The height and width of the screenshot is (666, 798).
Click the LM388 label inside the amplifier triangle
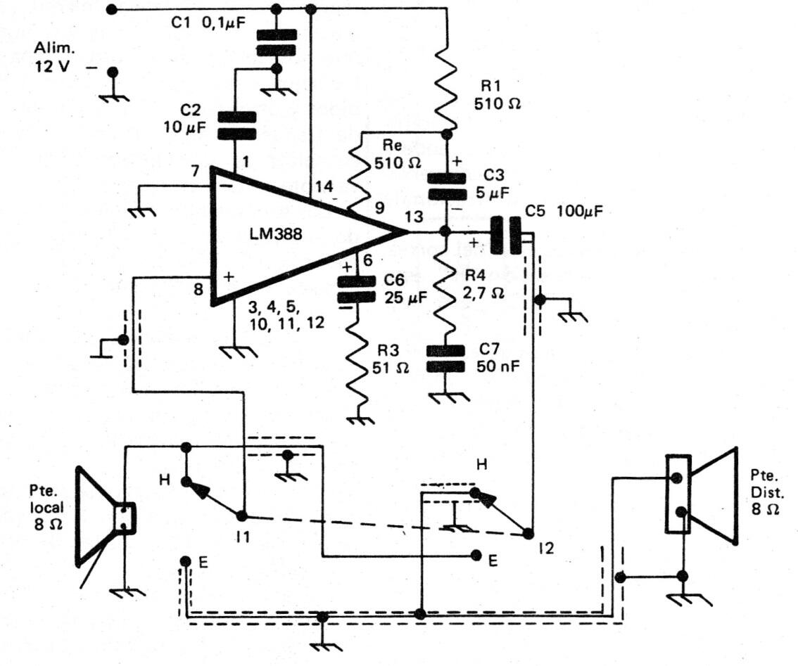click(x=276, y=235)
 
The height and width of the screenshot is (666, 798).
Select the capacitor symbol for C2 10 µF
click(x=234, y=126)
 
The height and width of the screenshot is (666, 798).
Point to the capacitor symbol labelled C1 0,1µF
click(x=276, y=41)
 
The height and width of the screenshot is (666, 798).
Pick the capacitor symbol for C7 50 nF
click(x=447, y=358)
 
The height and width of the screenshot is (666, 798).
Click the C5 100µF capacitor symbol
click(x=506, y=236)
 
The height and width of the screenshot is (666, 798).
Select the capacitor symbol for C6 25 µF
click(x=358, y=288)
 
